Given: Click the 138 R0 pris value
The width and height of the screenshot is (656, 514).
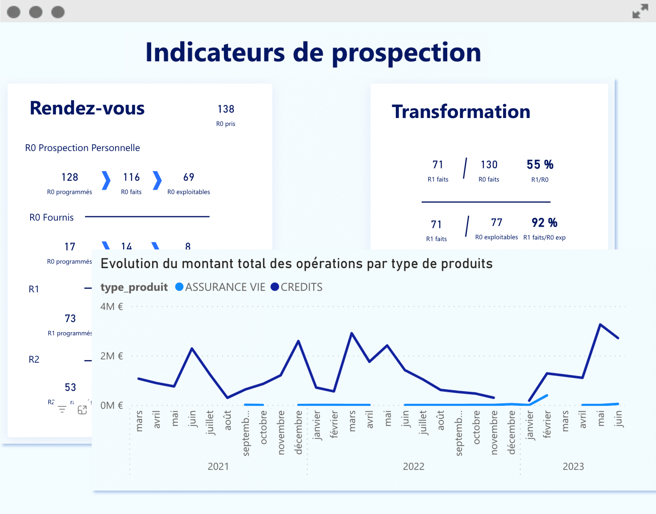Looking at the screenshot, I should pyautogui.click(x=226, y=109).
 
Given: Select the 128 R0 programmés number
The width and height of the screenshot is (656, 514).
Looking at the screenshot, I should pyautogui.click(x=70, y=177).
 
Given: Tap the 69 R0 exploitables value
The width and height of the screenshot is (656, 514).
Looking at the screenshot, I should pyautogui.click(x=189, y=177).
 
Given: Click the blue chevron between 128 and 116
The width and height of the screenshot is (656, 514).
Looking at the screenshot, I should pyautogui.click(x=106, y=181).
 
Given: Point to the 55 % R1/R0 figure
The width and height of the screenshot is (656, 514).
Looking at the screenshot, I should pyautogui.click(x=540, y=164).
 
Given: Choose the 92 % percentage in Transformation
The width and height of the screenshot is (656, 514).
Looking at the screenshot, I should pyautogui.click(x=544, y=222).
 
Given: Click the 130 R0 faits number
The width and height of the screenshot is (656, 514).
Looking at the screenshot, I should pyautogui.click(x=489, y=164).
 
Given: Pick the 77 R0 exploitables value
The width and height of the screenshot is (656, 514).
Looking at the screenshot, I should pyautogui.click(x=496, y=222).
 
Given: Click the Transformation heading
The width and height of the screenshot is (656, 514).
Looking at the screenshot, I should pyautogui.click(x=461, y=112).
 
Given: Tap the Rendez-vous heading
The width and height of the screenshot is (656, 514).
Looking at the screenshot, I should pyautogui.click(x=87, y=108).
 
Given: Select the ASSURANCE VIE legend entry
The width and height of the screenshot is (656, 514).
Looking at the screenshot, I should pyautogui.click(x=220, y=287).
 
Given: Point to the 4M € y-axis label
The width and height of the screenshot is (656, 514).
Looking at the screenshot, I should pyautogui.click(x=112, y=307).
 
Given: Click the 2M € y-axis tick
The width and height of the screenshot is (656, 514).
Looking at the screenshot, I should pyautogui.click(x=112, y=356).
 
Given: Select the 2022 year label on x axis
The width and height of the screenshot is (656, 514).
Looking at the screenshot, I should pyautogui.click(x=413, y=466).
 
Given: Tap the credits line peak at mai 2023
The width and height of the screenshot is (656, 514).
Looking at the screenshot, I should pyautogui.click(x=600, y=325).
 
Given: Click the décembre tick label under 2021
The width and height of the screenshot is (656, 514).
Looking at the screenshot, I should pyautogui.click(x=299, y=432).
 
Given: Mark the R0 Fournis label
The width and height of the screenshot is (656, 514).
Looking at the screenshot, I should pyautogui.click(x=52, y=217).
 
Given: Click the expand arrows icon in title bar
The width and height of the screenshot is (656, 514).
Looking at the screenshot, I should pyautogui.click(x=640, y=11).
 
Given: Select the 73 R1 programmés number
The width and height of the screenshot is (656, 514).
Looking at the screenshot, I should pyautogui.click(x=70, y=319).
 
